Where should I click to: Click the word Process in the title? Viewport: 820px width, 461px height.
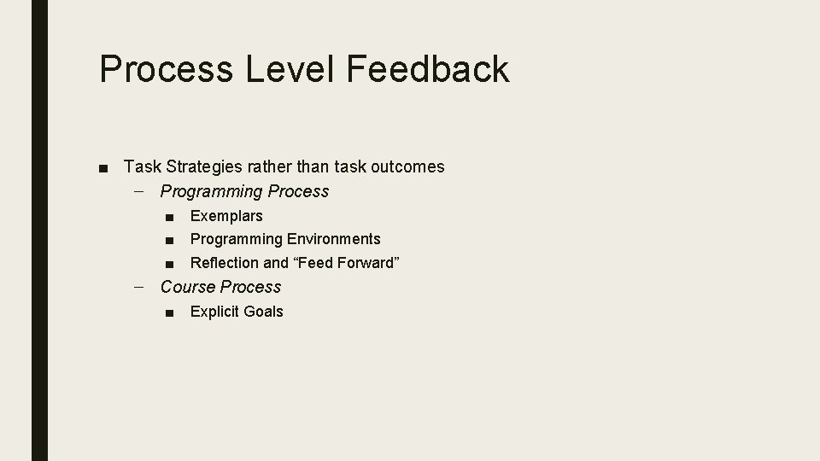click(x=167, y=69)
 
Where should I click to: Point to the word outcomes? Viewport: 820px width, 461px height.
click(x=406, y=166)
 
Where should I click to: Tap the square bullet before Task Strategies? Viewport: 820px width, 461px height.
click(x=103, y=167)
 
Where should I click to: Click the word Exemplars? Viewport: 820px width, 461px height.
click(x=226, y=216)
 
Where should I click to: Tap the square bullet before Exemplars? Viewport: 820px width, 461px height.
click(x=171, y=217)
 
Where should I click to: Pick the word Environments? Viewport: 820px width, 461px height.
click(x=334, y=239)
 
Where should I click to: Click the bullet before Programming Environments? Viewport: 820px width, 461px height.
click(x=171, y=240)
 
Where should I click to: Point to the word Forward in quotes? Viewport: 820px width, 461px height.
click(x=367, y=263)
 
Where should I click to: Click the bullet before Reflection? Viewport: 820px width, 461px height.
click(x=171, y=264)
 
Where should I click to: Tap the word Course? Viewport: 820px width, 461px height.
click(x=187, y=287)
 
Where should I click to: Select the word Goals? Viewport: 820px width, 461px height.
click(x=263, y=312)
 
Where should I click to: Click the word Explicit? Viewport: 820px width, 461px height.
click(x=214, y=312)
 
